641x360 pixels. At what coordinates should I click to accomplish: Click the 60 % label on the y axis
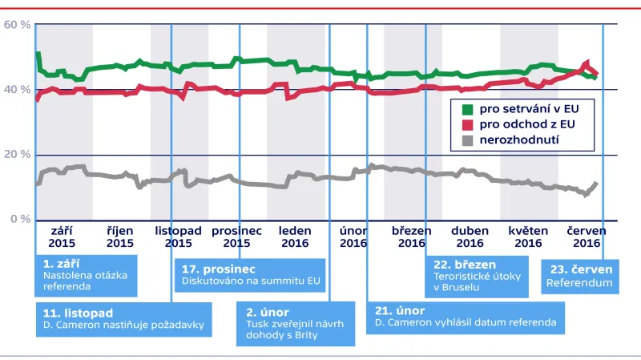(x=17, y=25)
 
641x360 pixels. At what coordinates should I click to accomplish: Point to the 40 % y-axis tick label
(x=17, y=90)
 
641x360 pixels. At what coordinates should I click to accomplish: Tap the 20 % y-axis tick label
(x=17, y=154)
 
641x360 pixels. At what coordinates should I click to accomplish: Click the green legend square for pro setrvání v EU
(x=470, y=108)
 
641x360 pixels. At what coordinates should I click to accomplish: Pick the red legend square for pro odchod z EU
(x=470, y=124)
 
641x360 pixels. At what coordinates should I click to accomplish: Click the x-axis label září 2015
(x=61, y=237)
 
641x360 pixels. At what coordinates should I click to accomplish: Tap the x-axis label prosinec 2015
(x=236, y=237)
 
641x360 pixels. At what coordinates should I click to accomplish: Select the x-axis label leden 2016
(x=295, y=237)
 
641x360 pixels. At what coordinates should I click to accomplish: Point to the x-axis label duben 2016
(x=471, y=237)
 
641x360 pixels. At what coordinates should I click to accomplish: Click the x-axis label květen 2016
(x=528, y=237)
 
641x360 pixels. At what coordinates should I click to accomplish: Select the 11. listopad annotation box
(x=123, y=318)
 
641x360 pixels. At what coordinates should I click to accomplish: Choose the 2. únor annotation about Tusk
(x=296, y=324)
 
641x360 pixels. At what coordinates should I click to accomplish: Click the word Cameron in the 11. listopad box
(x=78, y=325)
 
